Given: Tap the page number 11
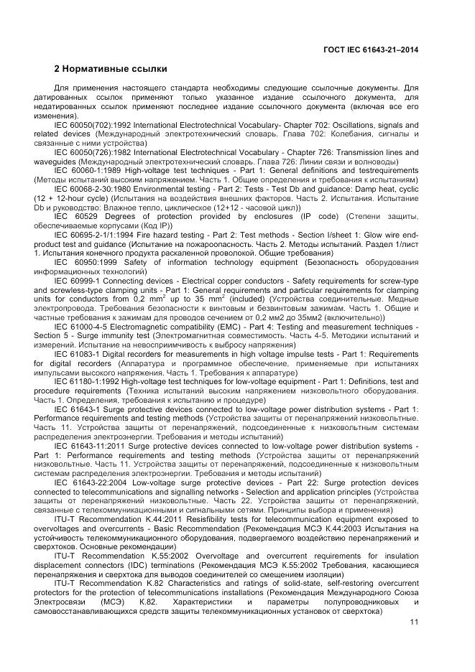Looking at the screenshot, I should point(413,622).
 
